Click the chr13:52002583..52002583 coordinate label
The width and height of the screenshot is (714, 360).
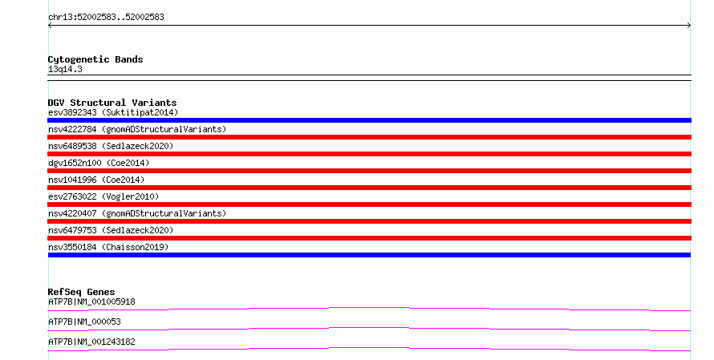pyautogui.click(x=106, y=18)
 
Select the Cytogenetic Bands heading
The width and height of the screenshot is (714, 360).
pyautogui.click(x=95, y=59)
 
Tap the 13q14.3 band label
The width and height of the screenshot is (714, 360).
pyautogui.click(x=65, y=70)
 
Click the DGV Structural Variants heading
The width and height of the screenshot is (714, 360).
pyautogui.click(x=112, y=103)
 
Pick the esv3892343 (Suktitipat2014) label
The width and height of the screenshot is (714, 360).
pyautogui.click(x=113, y=112)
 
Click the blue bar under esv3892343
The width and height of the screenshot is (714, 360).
pyautogui.click(x=369, y=120)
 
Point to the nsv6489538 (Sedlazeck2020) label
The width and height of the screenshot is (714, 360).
pyautogui.click(x=111, y=146)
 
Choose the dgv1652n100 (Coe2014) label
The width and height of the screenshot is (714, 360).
pyautogui.click(x=99, y=163)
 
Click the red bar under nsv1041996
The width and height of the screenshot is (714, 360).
pyautogui.click(x=369, y=188)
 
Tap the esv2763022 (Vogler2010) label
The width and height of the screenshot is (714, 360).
pyautogui.click(x=103, y=196)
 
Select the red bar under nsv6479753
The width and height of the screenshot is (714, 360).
pyautogui.click(x=369, y=238)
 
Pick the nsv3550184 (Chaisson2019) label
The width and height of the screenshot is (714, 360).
pyautogui.click(x=108, y=247)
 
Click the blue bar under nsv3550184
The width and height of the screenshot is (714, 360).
pyautogui.click(x=369, y=255)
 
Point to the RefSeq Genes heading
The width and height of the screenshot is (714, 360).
pyautogui.click(x=82, y=292)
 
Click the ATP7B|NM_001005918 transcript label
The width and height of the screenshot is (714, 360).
pyautogui.click(x=91, y=301)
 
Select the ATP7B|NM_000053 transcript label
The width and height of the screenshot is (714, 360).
pyautogui.click(x=84, y=322)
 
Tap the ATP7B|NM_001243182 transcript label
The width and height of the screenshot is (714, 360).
pyautogui.click(x=91, y=342)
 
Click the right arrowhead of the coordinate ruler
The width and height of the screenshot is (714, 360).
pyautogui.click(x=689, y=26)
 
